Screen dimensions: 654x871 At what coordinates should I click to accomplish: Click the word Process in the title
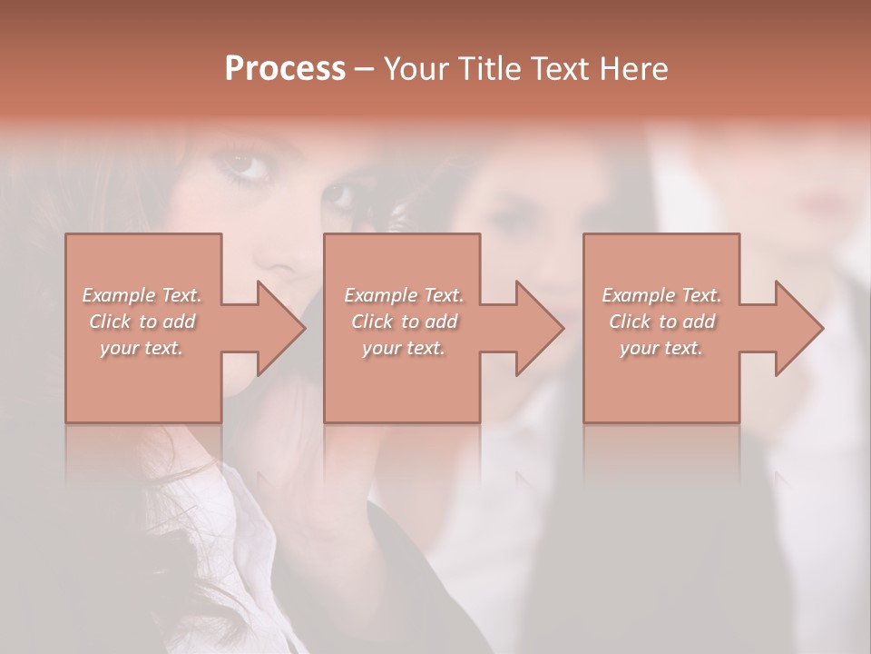click(285, 69)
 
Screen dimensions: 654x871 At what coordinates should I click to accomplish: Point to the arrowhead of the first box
click(280, 328)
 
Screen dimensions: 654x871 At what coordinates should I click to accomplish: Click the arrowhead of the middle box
click(539, 328)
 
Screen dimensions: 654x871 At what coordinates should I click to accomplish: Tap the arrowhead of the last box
click(798, 328)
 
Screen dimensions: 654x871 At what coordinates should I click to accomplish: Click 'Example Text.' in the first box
click(142, 295)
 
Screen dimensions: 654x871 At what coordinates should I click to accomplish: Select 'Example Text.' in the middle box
click(404, 295)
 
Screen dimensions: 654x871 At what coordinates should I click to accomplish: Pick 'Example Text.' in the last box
click(661, 295)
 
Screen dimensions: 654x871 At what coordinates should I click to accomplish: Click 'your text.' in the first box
click(142, 348)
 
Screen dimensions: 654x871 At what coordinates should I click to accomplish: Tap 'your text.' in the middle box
click(404, 348)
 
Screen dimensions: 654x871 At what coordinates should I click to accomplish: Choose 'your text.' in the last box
click(661, 348)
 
